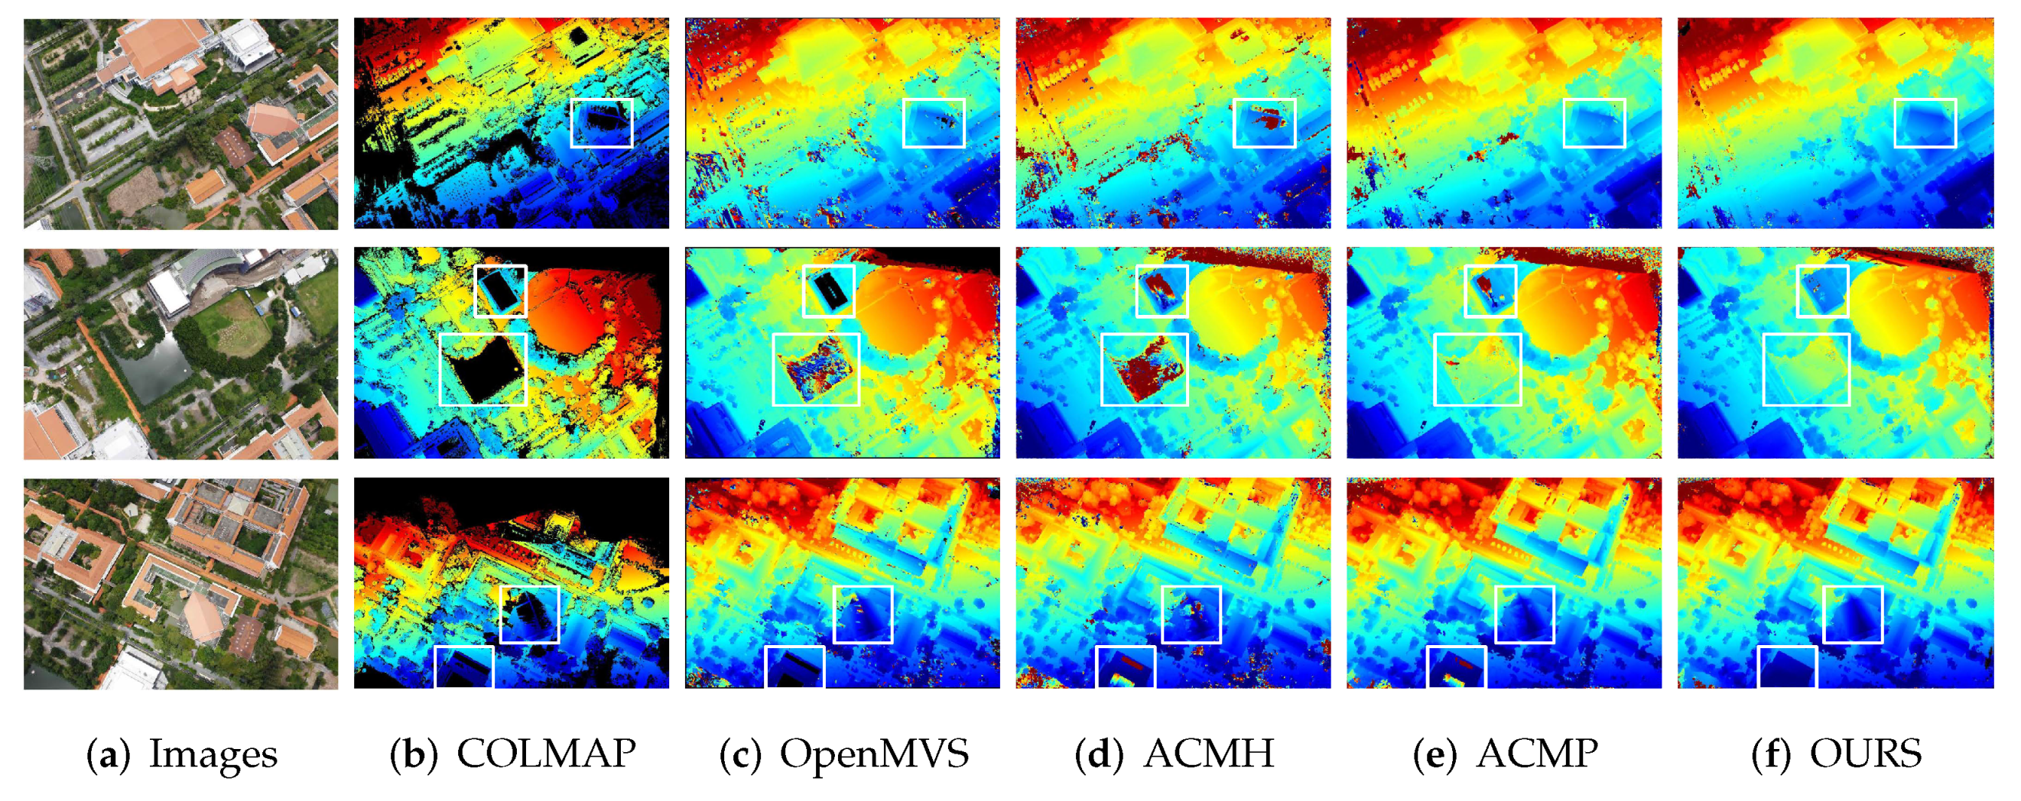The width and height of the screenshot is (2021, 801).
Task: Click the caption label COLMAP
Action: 546,753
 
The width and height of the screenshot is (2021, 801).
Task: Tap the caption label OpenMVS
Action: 874,753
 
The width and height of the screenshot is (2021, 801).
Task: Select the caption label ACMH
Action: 1209,753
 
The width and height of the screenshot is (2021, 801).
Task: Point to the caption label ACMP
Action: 1537,753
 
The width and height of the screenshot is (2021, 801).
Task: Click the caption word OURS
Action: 1866,753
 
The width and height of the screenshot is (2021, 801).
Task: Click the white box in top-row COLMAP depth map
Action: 602,123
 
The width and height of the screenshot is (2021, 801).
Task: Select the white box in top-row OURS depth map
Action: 1925,123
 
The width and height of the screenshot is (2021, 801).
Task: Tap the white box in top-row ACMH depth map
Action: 1264,123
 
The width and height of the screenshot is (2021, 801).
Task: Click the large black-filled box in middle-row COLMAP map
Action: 483,368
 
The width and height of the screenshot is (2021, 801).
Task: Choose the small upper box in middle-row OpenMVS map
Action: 828,290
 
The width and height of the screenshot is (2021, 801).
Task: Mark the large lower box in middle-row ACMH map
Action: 1145,368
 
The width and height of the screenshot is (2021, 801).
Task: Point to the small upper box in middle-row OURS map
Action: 1822,290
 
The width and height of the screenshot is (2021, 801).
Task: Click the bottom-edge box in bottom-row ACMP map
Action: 1455,666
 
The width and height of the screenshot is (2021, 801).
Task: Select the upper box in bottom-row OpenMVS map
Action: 863,615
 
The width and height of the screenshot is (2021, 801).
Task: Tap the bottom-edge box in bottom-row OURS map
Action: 1786,666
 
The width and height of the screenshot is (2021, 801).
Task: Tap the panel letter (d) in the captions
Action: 1098,753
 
